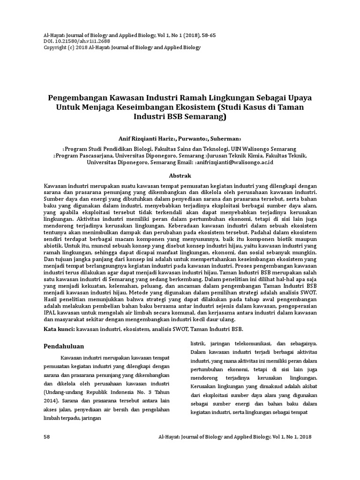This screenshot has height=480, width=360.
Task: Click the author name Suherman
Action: (x=224, y=139)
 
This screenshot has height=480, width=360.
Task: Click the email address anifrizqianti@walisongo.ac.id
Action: (x=234, y=162)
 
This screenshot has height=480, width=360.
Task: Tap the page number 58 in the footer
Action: (x=47, y=436)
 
